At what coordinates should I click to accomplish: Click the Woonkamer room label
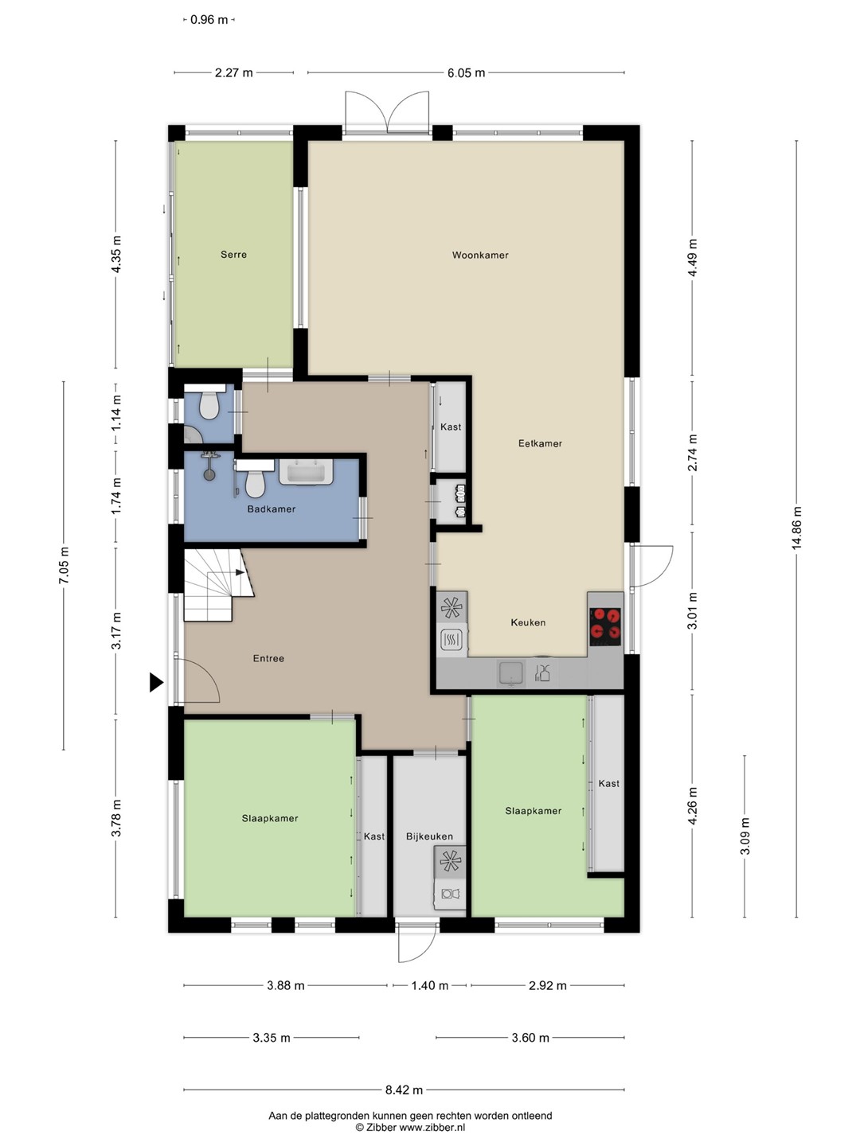(x=480, y=255)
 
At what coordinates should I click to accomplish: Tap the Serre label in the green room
(x=233, y=255)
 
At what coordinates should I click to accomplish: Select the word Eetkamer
(x=540, y=443)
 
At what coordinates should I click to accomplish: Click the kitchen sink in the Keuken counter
(x=510, y=673)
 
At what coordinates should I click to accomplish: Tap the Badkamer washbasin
(x=307, y=472)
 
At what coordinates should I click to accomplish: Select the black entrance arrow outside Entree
(x=156, y=682)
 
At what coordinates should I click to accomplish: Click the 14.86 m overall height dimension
(x=796, y=528)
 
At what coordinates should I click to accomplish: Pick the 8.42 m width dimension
(x=404, y=1089)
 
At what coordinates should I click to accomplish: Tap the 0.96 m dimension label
(x=209, y=20)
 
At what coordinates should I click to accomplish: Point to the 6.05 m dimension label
(x=466, y=73)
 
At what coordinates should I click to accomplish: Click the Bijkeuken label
(x=429, y=836)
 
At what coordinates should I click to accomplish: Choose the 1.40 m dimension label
(x=429, y=985)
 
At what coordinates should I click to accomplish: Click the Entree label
(x=268, y=658)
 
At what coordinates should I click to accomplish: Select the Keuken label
(x=528, y=622)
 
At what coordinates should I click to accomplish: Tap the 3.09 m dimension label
(x=745, y=836)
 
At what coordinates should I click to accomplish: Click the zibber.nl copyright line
(x=410, y=1127)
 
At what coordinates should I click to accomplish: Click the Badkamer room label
(x=271, y=509)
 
